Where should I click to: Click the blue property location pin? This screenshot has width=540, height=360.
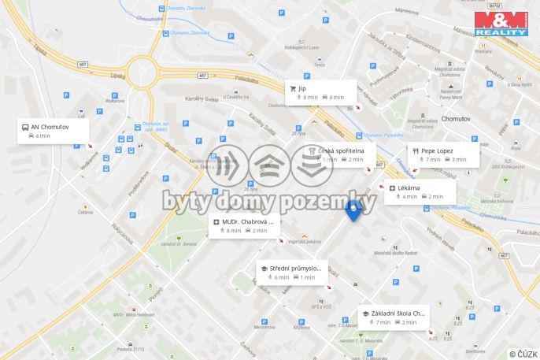[353, 210]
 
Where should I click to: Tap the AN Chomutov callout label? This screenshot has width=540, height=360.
[53, 131]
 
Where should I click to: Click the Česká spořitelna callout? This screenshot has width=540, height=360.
[338, 154]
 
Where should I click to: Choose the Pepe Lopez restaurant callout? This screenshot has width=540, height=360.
[443, 154]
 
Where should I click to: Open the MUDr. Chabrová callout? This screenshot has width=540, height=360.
[244, 226]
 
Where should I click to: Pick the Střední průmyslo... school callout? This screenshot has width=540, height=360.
[291, 273]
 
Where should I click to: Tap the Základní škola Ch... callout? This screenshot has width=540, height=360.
[394, 317]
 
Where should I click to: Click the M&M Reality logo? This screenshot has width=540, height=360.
[500, 22]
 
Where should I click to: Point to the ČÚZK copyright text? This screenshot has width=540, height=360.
[523, 354]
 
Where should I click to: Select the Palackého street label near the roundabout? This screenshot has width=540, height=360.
[246, 80]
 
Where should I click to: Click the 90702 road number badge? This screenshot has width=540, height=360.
[494, 6]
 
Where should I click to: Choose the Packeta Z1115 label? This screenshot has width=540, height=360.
[129, 348]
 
